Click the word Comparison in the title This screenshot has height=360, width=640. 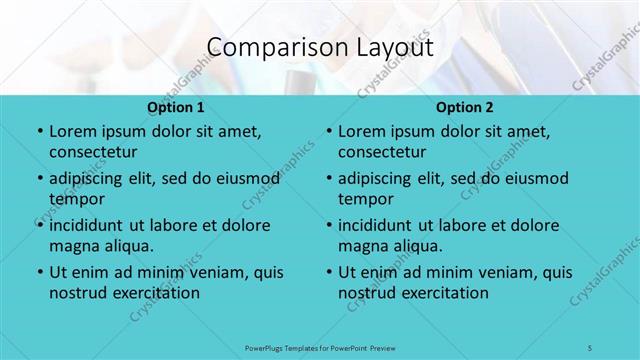pyautogui.click(x=269, y=47)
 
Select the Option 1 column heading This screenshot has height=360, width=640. pyautogui.click(x=176, y=107)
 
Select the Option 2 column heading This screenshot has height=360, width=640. pyautogui.click(x=465, y=107)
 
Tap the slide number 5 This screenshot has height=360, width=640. pyautogui.click(x=590, y=346)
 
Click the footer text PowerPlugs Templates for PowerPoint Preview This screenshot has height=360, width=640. pyautogui.click(x=319, y=346)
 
